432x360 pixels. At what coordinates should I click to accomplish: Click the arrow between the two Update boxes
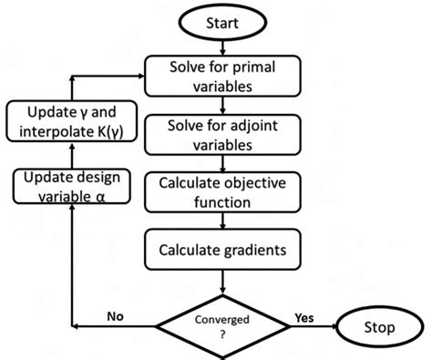(x=71, y=157)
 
